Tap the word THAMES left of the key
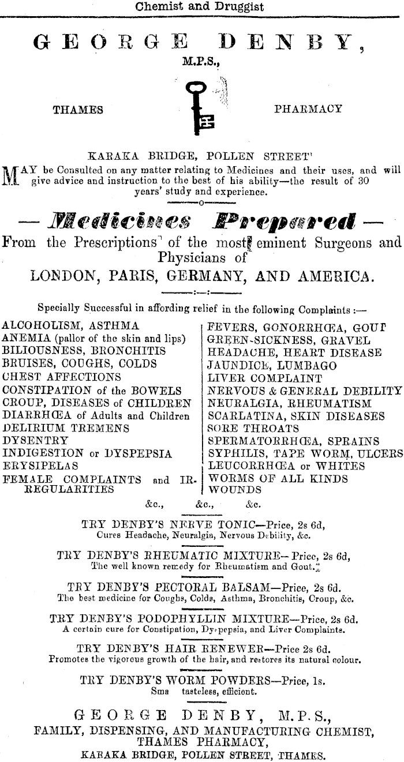(x=78, y=110)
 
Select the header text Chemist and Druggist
(x=199, y=7)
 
